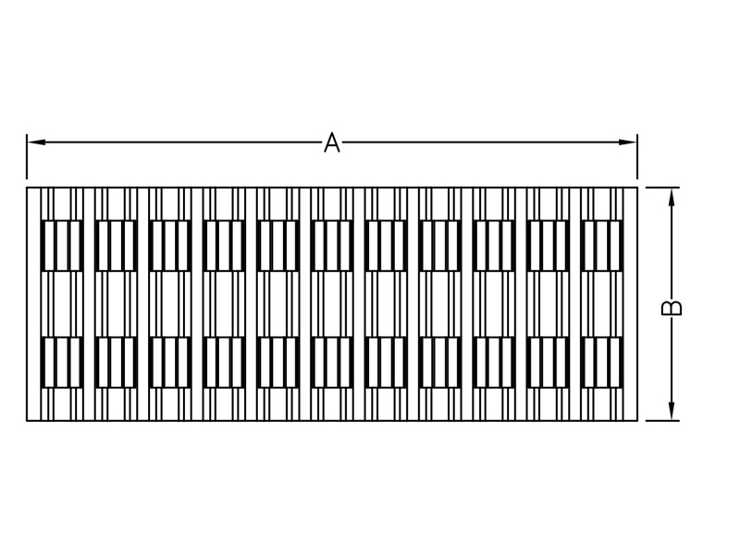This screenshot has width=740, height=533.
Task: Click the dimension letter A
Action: pyautogui.click(x=332, y=143)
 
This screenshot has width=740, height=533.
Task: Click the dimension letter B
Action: pyautogui.click(x=672, y=307)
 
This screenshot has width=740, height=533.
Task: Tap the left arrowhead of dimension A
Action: pyautogui.click(x=36, y=143)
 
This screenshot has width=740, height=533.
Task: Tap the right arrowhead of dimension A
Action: pyautogui.click(x=628, y=143)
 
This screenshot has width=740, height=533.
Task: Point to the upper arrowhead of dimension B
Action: pyautogui.click(x=672, y=196)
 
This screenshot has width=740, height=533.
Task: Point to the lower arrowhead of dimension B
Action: pyautogui.click(x=672, y=411)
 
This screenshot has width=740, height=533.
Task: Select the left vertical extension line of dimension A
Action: pyautogui.click(x=27, y=156)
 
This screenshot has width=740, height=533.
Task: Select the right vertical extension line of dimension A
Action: pyautogui.click(x=637, y=156)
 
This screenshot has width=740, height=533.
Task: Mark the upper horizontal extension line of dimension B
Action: pyautogui.click(x=662, y=187)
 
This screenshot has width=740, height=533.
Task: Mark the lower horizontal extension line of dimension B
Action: pyautogui.click(x=662, y=420)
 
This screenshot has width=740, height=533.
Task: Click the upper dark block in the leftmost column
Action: pyautogui.click(x=62, y=245)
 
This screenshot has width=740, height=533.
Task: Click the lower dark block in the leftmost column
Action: pyautogui.click(x=62, y=363)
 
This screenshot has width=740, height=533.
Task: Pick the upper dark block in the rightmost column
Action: pyautogui.click(x=602, y=245)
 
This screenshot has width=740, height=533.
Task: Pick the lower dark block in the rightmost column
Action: pyautogui.click(x=602, y=363)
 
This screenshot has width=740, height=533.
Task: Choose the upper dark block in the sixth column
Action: pyautogui.click(x=332, y=245)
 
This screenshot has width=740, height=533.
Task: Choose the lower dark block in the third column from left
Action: pyautogui.click(x=170, y=363)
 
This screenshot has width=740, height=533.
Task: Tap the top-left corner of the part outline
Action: pyautogui.click(x=27, y=188)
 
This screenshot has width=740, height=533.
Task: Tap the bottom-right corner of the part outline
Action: pyautogui.click(x=637, y=420)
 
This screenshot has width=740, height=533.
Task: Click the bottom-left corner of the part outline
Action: pyautogui.click(x=27, y=420)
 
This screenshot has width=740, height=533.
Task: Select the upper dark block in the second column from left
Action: pyautogui.click(x=117, y=245)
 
